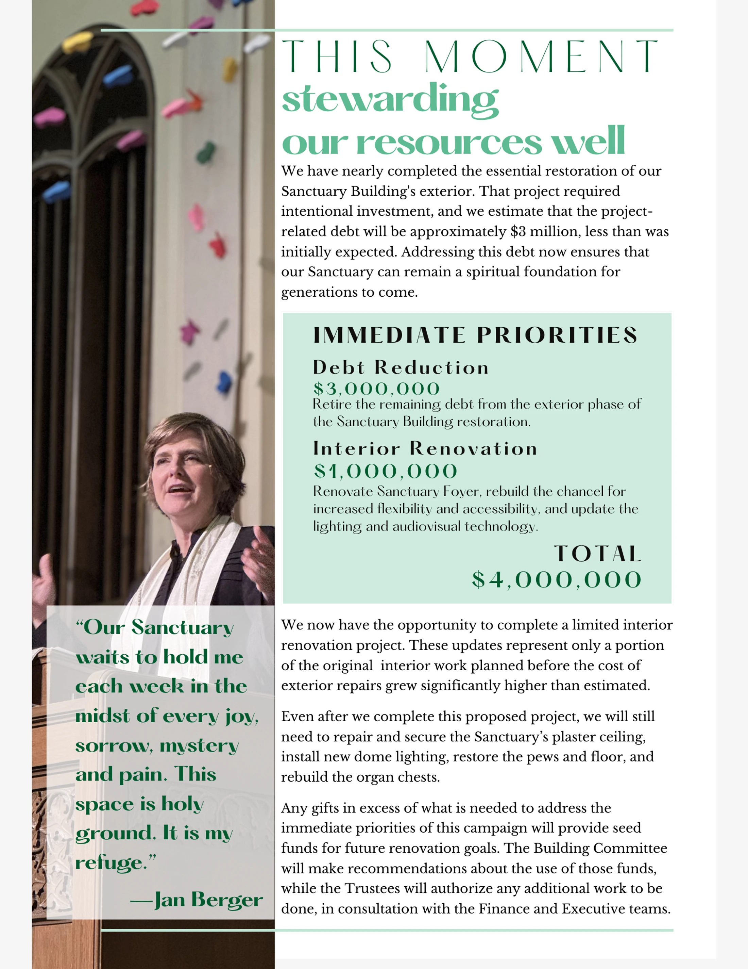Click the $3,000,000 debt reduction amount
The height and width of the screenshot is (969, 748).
click(376, 389)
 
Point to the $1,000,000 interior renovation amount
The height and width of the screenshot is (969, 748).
click(385, 471)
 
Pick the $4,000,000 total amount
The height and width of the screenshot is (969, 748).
click(557, 580)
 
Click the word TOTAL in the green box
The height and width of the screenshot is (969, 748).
click(597, 554)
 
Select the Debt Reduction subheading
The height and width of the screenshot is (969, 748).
click(401, 367)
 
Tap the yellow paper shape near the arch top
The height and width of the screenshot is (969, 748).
click(78, 42)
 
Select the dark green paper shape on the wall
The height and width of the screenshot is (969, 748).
click(206, 152)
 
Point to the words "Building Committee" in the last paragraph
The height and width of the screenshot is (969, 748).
click(600, 848)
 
